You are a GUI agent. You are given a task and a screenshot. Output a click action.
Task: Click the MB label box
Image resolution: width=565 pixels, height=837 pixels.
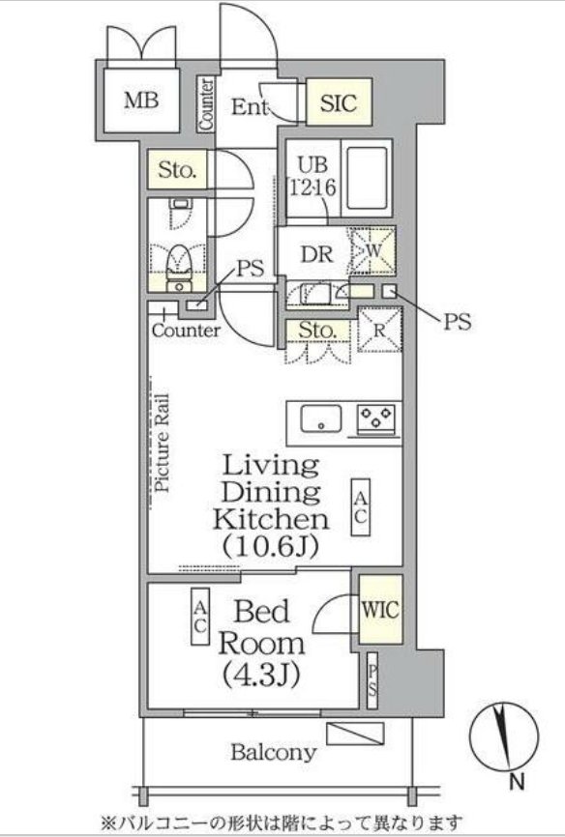[x=141, y=100]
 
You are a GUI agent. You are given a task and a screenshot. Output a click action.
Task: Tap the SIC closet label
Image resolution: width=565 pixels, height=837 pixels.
[x=339, y=101]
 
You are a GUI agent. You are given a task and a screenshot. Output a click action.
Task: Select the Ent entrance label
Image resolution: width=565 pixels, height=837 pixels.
[x=249, y=106]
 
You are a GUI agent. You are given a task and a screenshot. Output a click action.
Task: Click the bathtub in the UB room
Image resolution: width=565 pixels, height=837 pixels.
[x=367, y=179]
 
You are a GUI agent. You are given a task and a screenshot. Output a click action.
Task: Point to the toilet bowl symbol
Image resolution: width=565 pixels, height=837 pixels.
[x=179, y=264]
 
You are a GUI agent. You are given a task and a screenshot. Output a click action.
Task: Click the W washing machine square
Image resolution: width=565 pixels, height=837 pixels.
[x=373, y=250]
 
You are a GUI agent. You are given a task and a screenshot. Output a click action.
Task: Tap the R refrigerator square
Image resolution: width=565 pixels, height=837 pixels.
[x=379, y=330]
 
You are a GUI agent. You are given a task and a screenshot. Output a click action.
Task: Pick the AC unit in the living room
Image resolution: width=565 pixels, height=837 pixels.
[x=360, y=507]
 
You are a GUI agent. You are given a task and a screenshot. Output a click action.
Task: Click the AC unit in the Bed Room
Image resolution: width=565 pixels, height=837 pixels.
[x=200, y=617]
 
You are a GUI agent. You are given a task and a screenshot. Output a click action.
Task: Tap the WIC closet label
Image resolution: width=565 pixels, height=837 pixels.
[x=380, y=609]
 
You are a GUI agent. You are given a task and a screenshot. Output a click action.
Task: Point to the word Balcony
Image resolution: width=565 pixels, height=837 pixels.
[x=273, y=753]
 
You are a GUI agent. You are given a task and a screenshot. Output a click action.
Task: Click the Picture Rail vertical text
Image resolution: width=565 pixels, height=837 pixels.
[x=162, y=443]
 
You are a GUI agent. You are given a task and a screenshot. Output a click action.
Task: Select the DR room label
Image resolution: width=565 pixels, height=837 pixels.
[x=317, y=254]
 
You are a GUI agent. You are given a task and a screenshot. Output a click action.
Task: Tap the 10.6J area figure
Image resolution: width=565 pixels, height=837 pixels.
[x=271, y=545]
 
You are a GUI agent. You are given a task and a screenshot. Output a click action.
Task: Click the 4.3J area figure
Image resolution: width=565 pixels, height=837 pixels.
[x=260, y=675]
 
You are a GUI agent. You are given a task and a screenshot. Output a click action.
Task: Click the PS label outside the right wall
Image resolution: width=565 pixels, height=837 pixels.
[x=457, y=322]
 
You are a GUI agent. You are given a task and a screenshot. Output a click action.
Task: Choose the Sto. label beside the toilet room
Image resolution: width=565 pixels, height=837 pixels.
[x=177, y=170]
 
